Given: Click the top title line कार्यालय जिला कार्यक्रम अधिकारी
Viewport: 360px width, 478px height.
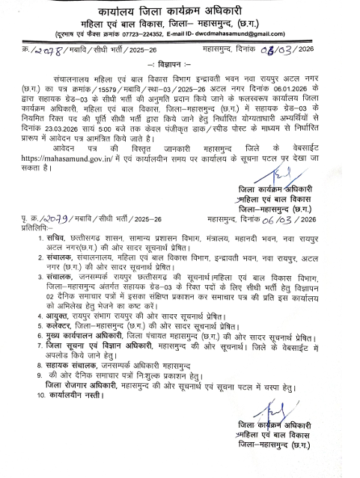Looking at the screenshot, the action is click(x=179, y=9).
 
